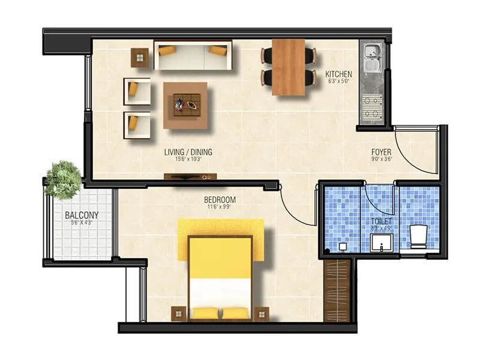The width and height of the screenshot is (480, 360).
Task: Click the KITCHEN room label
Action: (338, 74)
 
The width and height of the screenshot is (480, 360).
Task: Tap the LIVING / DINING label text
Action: (188, 152)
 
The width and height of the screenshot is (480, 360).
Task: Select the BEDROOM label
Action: (220, 200)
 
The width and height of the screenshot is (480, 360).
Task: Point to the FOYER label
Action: (381, 152)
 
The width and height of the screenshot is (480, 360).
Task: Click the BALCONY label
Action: (82, 215)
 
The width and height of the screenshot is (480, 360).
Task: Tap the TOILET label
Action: (381, 221)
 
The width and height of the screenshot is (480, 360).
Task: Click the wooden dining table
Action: (289, 67)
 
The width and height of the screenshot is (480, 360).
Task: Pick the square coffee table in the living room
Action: (185, 105)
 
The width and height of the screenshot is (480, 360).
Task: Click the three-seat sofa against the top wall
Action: (193, 55)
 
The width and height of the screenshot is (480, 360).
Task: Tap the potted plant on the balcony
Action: (63, 178)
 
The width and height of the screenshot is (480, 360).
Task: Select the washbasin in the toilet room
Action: (381, 242)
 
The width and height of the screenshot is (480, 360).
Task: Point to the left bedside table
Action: (179, 313)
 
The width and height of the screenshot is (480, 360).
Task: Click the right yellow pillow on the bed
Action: (235, 313)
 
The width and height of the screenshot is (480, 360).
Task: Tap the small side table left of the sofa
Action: (140, 58)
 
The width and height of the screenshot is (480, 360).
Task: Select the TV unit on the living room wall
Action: (190, 177)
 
